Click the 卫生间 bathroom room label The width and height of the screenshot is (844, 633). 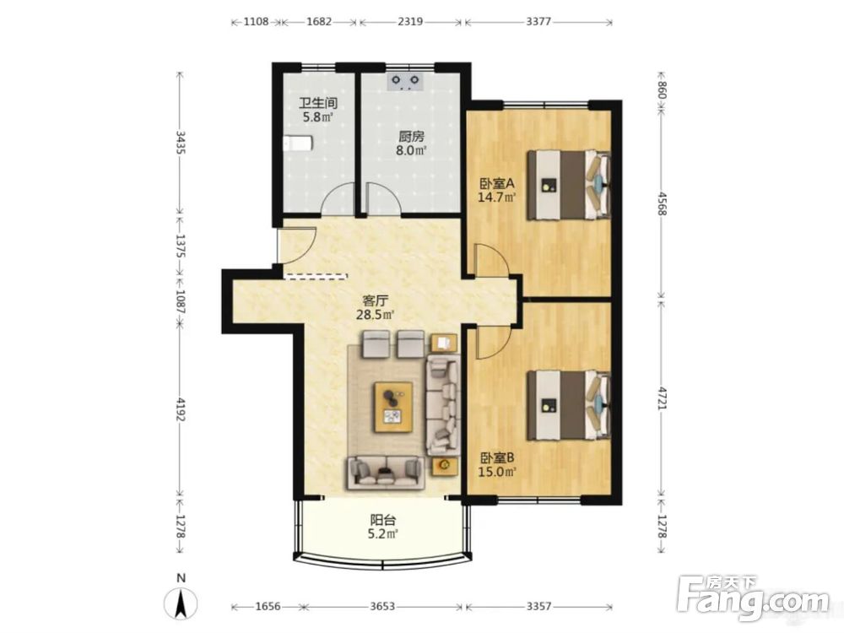click(318, 103)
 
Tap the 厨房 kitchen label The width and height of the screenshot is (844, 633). click(411, 137)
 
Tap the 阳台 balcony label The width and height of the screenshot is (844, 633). click(383, 521)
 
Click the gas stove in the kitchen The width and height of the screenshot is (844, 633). click(405, 81)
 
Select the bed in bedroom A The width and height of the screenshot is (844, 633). click(568, 185)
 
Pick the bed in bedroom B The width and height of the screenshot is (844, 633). click(568, 405)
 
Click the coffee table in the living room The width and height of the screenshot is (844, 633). click(394, 407)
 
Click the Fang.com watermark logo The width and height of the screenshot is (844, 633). click(753, 598)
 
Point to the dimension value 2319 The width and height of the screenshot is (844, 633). click(409, 22)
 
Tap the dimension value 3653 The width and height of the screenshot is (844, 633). click(382, 607)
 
